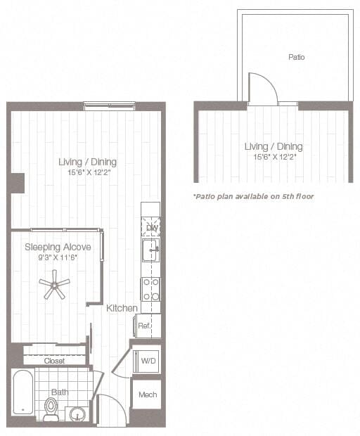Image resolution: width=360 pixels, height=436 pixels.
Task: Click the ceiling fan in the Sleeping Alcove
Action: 54,285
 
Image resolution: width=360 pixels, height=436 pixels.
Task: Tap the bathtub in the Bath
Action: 23,392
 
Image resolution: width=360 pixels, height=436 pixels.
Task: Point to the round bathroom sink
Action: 76,413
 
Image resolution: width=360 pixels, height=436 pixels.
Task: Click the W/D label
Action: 148,361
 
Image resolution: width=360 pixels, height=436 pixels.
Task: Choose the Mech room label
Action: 148,395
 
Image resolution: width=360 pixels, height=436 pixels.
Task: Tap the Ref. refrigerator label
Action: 143,326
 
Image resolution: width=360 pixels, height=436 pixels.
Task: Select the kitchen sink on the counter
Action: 150,249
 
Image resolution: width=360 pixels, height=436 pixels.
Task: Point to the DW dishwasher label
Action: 150,227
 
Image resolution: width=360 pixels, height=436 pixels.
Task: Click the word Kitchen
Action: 122,308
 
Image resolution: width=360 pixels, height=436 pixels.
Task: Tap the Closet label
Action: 54,361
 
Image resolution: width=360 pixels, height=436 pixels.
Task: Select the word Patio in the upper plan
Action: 296,56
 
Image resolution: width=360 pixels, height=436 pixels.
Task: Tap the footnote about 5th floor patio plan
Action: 253,196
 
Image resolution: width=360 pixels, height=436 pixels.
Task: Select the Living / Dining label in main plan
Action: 82,162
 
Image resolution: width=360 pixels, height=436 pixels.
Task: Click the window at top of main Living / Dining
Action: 109,106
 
